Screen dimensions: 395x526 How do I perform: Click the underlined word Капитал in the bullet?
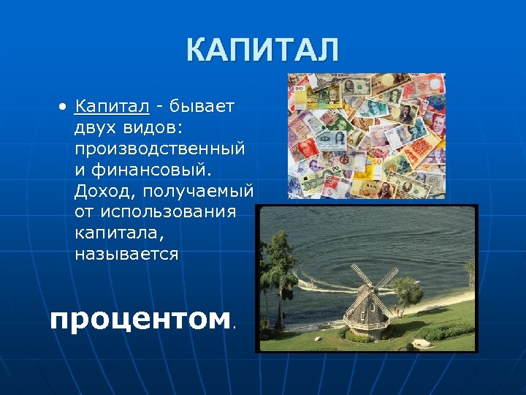pos(112,107)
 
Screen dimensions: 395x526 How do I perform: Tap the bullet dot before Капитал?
pos(64,108)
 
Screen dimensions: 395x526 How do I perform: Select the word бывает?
pos(202,107)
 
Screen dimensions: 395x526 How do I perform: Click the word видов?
pos(157,128)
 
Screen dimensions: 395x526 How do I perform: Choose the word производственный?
pos(159,149)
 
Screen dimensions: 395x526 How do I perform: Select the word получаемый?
pos(198,191)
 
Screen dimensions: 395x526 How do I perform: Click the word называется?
pos(126,254)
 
